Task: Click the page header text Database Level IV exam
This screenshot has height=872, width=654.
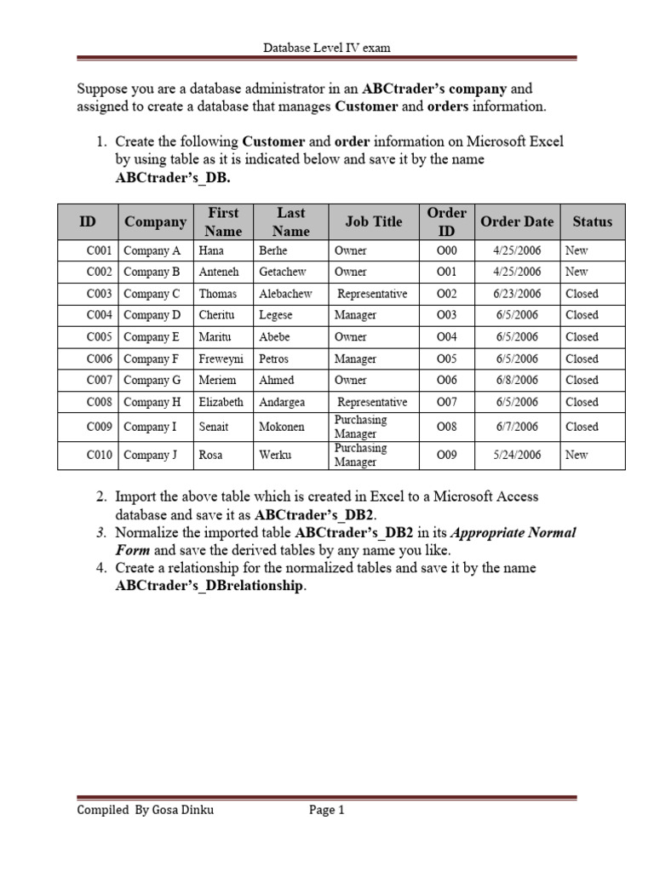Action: click(x=326, y=48)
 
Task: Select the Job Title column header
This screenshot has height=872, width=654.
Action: click(x=374, y=221)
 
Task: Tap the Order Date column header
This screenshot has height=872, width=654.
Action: click(x=517, y=221)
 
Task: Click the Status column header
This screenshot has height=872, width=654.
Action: click(x=592, y=221)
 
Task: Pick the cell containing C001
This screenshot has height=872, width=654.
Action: click(x=100, y=250)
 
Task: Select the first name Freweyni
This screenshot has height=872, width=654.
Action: click(x=221, y=359)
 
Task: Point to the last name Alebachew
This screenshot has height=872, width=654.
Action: click(x=285, y=294)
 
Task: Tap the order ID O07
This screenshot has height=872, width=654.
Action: click(x=446, y=402)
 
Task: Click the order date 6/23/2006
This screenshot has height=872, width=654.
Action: click(x=517, y=294)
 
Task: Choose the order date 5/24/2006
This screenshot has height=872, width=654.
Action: click(x=517, y=455)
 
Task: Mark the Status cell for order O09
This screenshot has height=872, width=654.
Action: click(x=577, y=455)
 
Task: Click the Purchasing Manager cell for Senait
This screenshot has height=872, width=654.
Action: click(x=360, y=427)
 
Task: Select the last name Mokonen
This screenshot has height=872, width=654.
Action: click(x=282, y=427)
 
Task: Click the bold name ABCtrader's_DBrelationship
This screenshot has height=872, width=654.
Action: click(x=209, y=586)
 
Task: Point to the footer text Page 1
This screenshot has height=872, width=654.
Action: click(x=326, y=811)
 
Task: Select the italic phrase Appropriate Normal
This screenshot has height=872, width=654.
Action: click(x=513, y=533)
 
